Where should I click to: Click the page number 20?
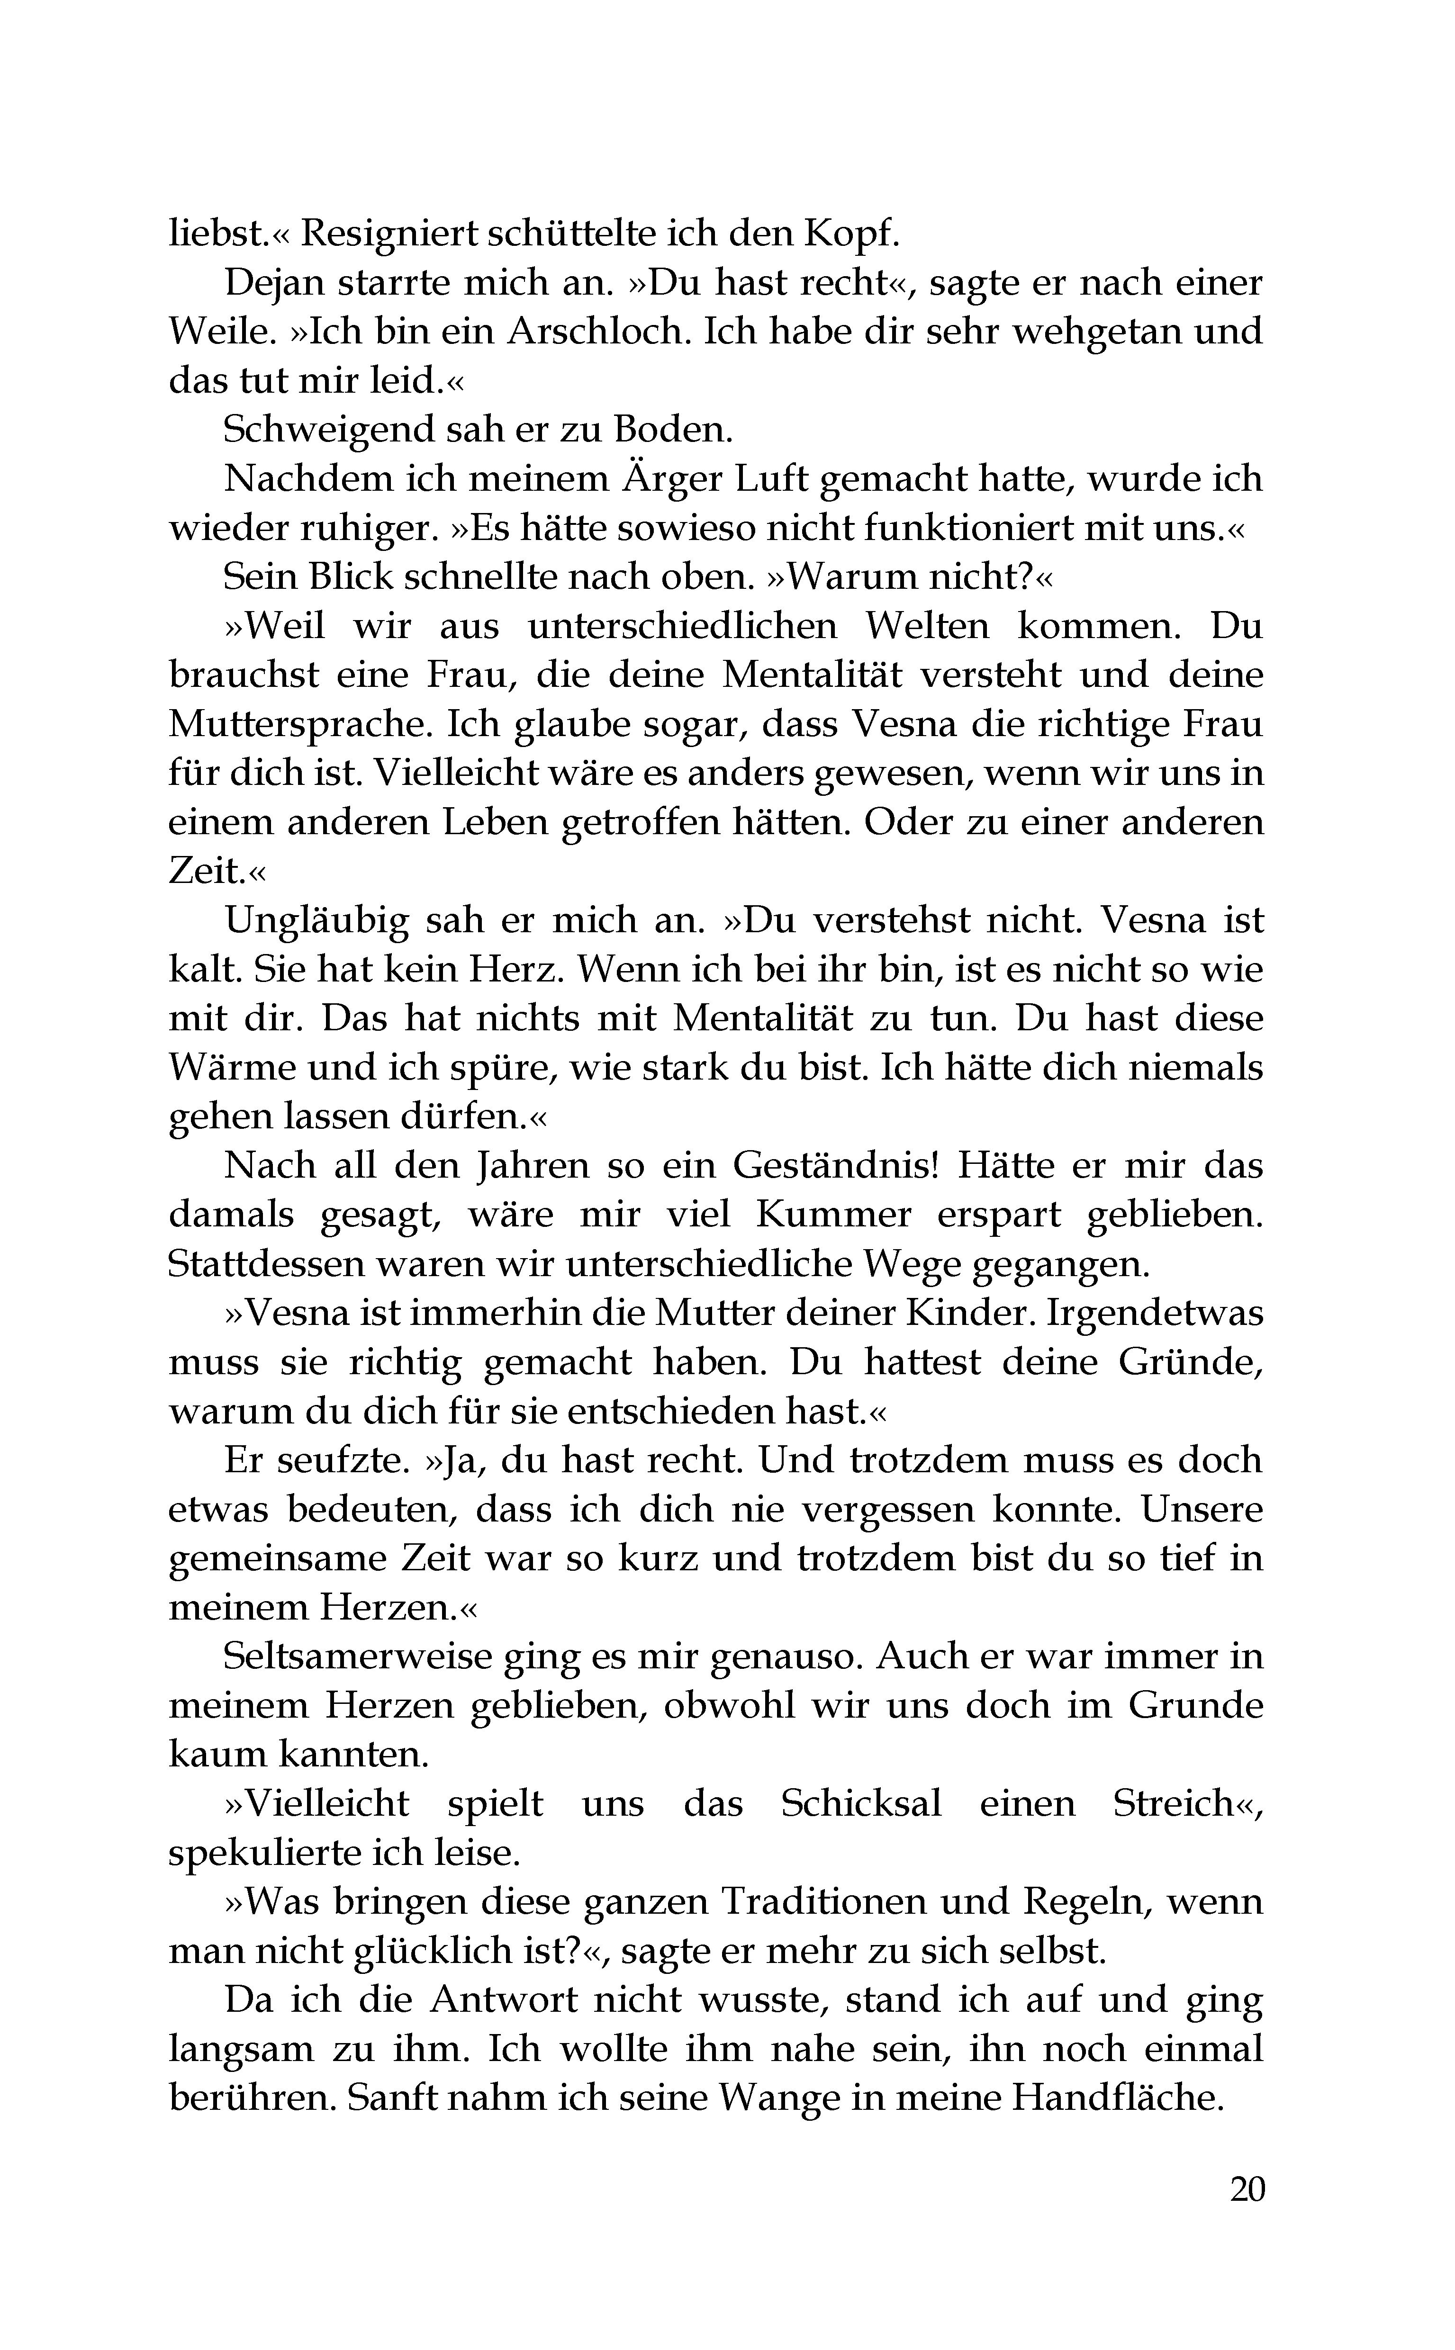1247,2188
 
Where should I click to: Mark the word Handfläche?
1115,2098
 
